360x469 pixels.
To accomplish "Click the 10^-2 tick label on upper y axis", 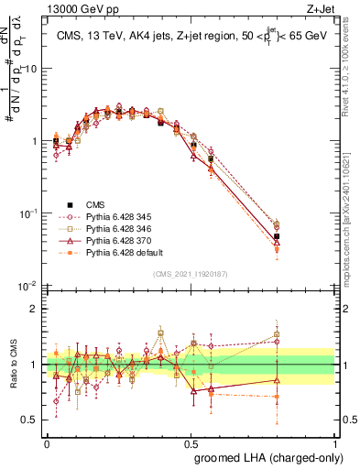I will (28, 286).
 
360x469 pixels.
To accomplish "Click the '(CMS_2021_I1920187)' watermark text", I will (190, 273).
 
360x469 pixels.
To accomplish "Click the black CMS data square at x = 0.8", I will (277, 236).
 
